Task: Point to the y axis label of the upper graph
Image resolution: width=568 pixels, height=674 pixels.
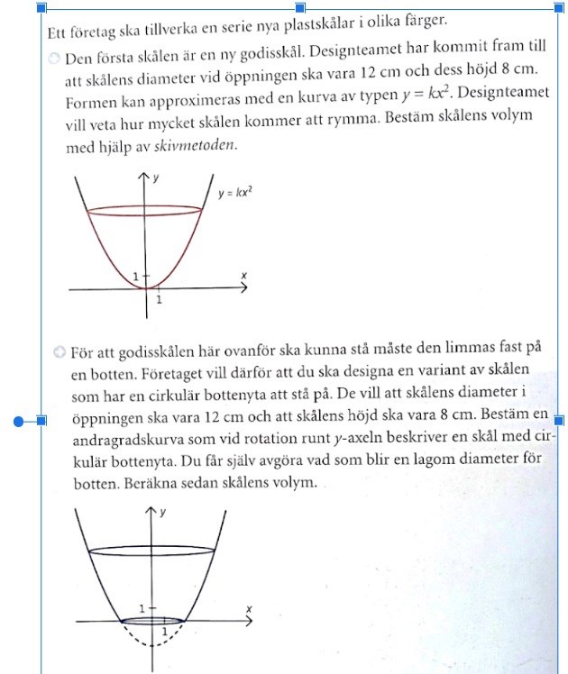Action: click(157, 178)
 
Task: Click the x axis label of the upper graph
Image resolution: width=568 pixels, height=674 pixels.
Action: click(243, 274)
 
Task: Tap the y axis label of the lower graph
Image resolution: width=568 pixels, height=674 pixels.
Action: click(162, 513)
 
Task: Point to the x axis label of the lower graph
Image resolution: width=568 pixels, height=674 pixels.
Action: click(249, 610)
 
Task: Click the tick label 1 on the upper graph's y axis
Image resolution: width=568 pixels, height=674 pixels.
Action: click(135, 276)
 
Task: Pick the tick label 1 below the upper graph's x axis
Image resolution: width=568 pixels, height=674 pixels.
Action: click(160, 300)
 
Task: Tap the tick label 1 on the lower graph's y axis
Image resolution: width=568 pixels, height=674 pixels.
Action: click(142, 609)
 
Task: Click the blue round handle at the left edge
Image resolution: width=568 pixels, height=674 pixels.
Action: click(18, 421)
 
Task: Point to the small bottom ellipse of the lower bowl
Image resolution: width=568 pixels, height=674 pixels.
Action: click(154, 621)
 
